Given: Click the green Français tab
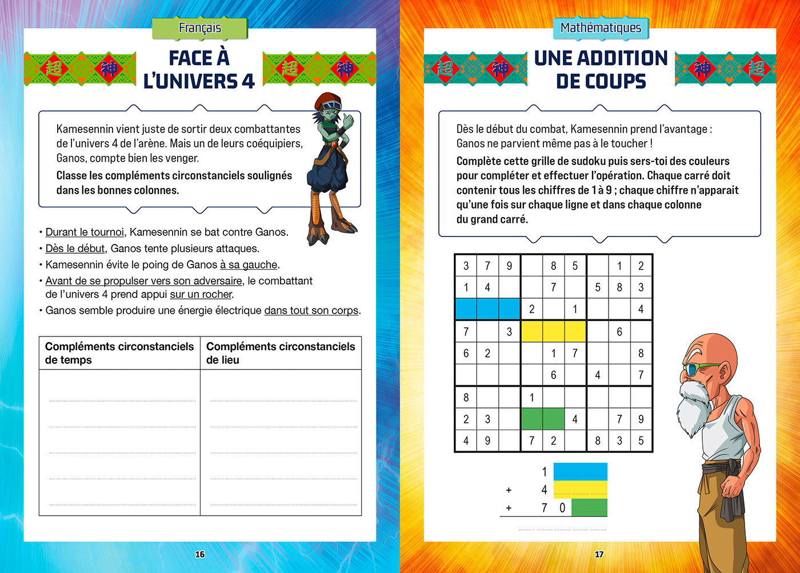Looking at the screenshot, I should point(199,28).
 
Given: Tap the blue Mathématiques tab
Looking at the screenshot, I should point(601,28).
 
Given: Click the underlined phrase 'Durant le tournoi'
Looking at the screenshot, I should point(85,232).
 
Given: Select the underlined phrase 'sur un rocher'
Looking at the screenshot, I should point(201,295).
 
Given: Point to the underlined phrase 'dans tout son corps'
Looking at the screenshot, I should point(311,311).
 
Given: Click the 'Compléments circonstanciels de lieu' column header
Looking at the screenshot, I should point(280,353).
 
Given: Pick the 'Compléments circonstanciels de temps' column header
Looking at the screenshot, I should point(119,353).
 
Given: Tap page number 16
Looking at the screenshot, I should point(199,554).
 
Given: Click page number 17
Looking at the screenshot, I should point(599,554).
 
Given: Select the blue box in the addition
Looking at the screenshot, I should point(580,472).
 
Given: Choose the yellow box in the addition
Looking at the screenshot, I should point(580,490).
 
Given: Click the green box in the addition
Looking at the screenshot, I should point(589,507).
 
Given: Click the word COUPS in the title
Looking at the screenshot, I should point(601,81).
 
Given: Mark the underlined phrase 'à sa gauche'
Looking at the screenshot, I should point(249,265).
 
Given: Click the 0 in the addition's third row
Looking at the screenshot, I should point(562,507).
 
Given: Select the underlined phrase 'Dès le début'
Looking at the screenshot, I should point(75,249).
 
